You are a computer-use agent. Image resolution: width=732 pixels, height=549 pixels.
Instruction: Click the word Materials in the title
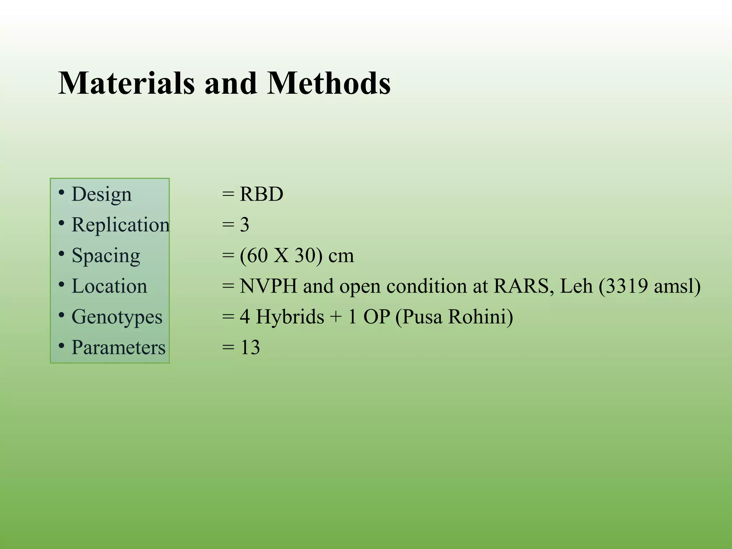(127, 83)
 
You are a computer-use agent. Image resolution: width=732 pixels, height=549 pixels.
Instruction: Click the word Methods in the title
(328, 83)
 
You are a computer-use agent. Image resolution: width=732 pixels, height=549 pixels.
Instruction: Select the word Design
(102, 195)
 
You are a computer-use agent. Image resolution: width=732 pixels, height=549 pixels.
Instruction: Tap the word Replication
(120, 225)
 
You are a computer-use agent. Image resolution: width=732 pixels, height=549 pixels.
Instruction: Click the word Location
(109, 286)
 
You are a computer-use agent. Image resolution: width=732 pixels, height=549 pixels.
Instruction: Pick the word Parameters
(118, 347)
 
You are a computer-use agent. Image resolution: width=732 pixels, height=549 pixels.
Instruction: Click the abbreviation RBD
(261, 194)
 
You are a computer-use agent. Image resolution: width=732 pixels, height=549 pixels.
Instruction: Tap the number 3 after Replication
(244, 225)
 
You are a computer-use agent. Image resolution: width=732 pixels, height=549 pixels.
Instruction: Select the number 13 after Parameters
(250, 347)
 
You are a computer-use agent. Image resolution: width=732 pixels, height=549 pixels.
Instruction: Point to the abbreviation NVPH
(268, 286)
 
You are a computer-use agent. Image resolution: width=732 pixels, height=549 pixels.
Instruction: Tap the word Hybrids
(290, 317)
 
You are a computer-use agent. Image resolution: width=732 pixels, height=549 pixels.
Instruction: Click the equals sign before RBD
(228, 195)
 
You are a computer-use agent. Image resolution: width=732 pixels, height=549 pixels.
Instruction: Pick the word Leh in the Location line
(576, 286)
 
